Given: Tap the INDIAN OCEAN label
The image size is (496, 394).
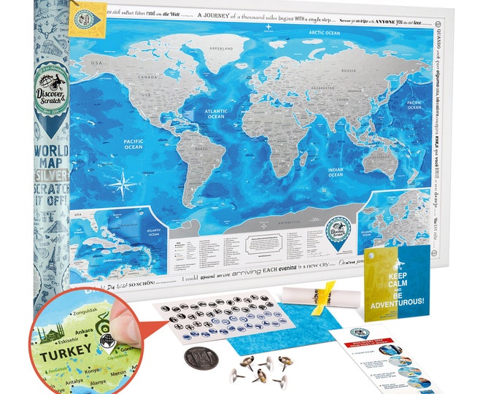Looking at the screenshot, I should [x=336, y=173].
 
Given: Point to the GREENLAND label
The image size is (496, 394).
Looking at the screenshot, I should [x=221, y=49].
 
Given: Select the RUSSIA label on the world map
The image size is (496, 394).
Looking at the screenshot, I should [x=348, y=70].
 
